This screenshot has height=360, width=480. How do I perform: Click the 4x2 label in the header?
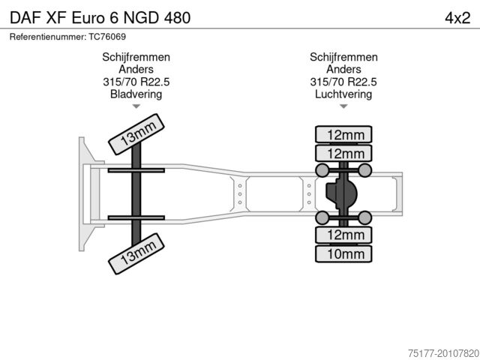pos(457,18)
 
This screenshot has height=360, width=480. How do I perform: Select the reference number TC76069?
pos(107,37)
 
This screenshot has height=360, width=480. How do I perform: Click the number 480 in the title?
pos(177,18)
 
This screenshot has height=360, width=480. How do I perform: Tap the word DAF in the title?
pos(25,18)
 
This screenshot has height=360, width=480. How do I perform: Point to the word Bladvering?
pos(136,94)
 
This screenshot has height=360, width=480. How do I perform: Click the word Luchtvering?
pos(343,94)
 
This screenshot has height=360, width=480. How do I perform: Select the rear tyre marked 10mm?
pos(343,253)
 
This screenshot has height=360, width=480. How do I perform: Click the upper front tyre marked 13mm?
pos(136,134)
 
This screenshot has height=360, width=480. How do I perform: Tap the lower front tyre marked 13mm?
pos(136,253)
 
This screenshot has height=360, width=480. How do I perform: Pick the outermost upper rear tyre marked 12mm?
pos(343,134)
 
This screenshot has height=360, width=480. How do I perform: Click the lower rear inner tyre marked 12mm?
pos(343,235)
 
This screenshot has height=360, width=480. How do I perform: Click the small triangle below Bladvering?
pos(136,106)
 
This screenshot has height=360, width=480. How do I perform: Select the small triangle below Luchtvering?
pos(343,106)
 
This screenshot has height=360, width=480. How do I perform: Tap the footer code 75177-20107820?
pos(443,353)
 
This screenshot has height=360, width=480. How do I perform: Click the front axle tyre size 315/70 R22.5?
pos(136,82)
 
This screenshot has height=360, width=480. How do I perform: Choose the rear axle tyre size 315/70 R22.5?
pos(343,82)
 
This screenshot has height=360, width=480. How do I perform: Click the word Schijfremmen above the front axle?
pos(136,57)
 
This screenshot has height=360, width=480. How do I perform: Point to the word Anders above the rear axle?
pos(343,69)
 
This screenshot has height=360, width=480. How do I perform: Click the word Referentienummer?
pos(48,37)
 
